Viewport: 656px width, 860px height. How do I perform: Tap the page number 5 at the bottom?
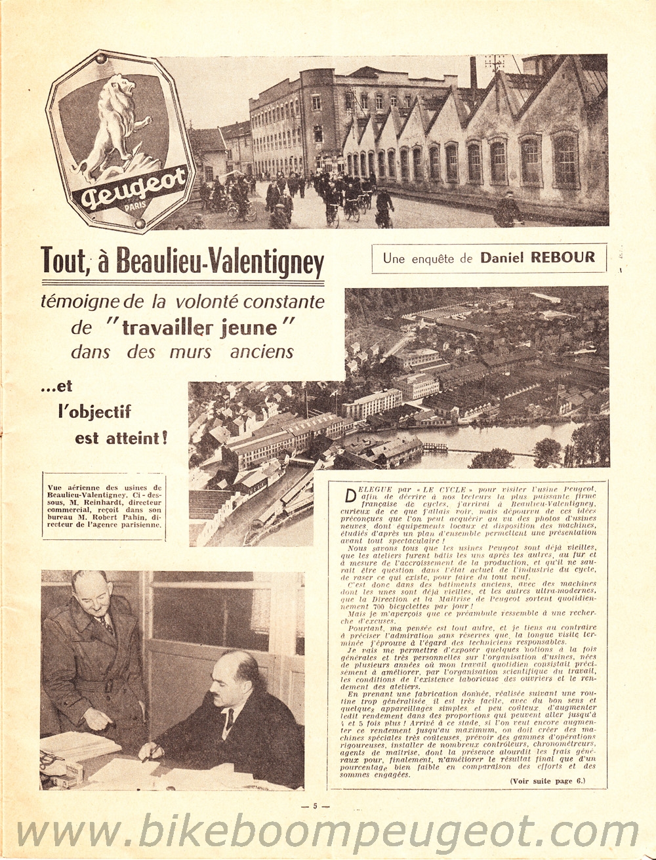coord(315,807)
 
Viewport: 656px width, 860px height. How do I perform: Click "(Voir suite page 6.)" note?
coord(547,781)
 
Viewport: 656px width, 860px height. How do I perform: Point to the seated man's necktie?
coord(230,720)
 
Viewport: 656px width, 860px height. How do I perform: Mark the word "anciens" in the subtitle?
coord(261,352)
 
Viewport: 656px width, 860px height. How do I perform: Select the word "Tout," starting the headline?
coord(64,261)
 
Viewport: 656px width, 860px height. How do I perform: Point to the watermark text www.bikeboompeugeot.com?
coord(328,831)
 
